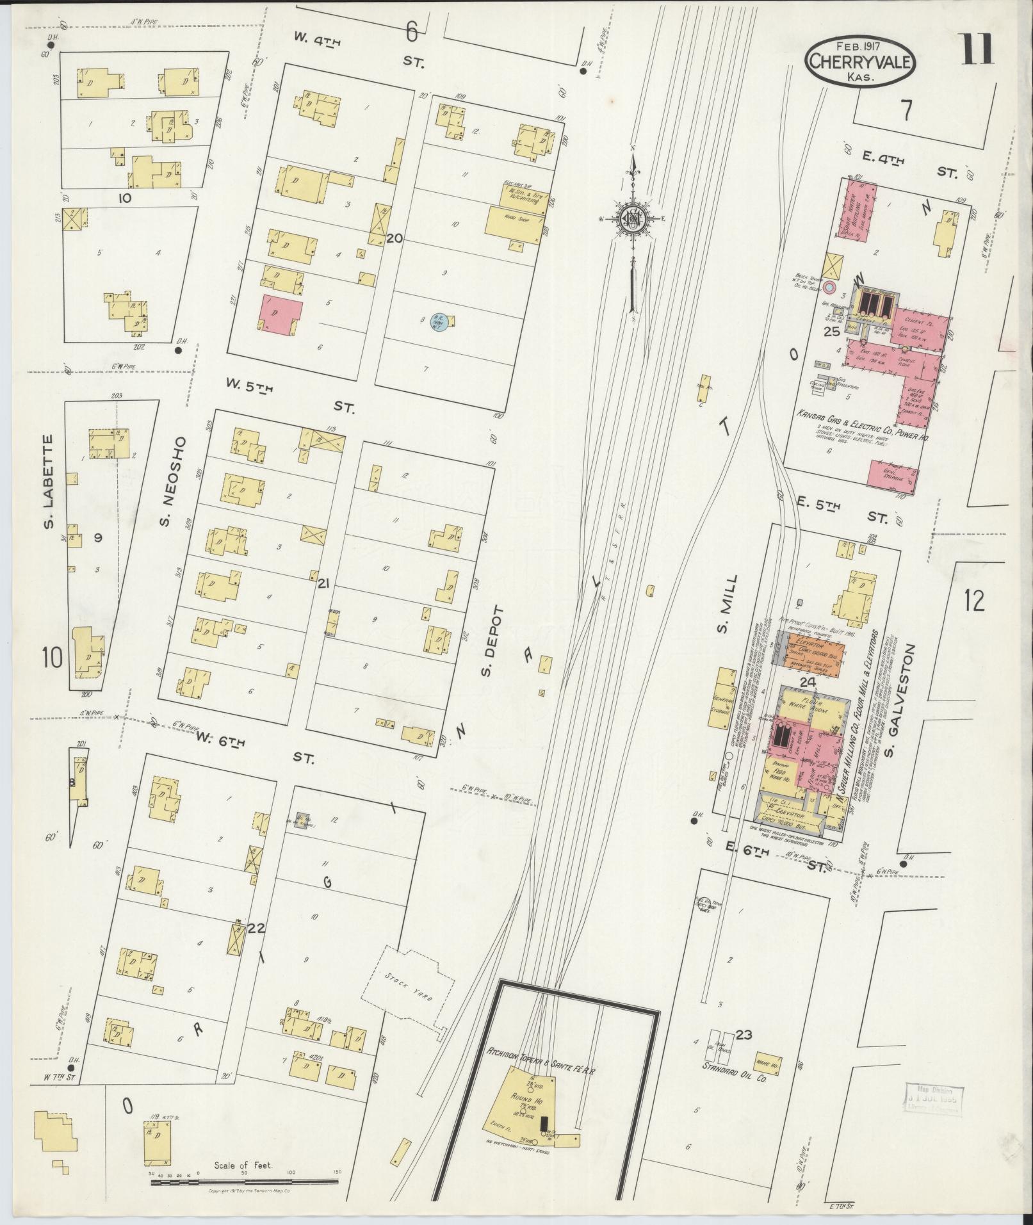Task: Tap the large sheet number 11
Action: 975,50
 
